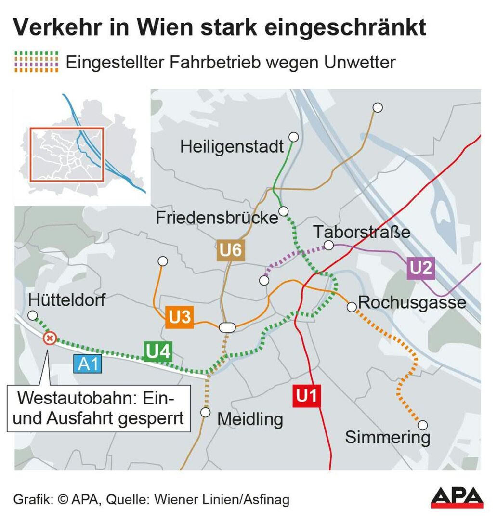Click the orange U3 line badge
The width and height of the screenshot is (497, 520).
click(179, 317)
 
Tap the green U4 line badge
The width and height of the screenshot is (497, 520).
click(158, 351)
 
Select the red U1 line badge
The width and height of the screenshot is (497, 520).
click(307, 396)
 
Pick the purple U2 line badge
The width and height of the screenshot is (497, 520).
click(421, 268)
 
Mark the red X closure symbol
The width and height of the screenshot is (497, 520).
click(49, 338)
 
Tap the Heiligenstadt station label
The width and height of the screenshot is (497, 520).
click(232, 146)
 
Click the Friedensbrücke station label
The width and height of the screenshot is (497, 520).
click(217, 218)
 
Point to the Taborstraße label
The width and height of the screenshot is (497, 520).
click(362, 232)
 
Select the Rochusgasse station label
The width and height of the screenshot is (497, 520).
click(412, 303)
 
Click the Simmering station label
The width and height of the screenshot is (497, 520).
click(387, 438)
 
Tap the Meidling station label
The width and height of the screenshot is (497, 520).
click(249, 419)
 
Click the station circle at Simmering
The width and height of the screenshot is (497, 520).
click(423, 425)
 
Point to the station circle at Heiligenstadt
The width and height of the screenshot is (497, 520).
click(293, 137)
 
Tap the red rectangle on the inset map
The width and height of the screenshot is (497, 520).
click(67, 154)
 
